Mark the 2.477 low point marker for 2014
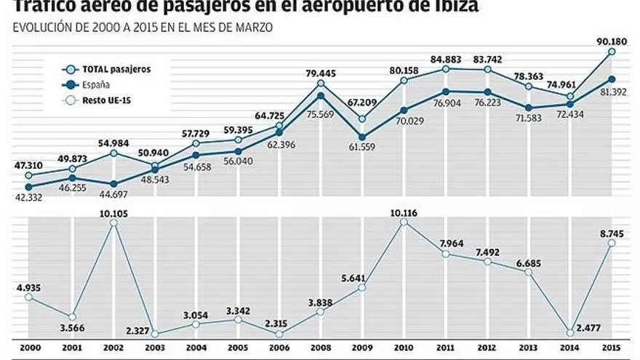pyautogui.click(x=570, y=331)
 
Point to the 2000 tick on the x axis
pyautogui.click(x=29, y=349)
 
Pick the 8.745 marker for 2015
pyautogui.click(x=612, y=243)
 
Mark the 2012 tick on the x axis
pyautogui.click(x=487, y=349)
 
